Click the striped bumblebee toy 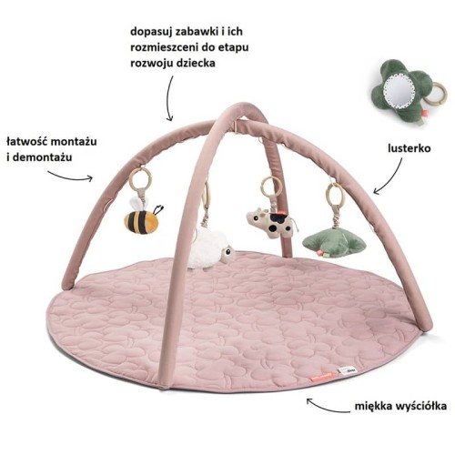pyautogui.click(x=142, y=219)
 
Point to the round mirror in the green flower pyautogui.click(x=399, y=91)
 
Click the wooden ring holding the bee pyautogui.click(x=140, y=179)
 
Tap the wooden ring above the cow pyautogui.click(x=272, y=186)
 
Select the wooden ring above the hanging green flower pyautogui.click(x=335, y=194)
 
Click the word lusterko pyautogui.click(x=409, y=148)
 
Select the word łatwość pyautogui.click(x=28, y=142)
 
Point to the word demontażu pyautogui.click(x=43, y=157)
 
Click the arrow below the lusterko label pyautogui.click(x=391, y=179)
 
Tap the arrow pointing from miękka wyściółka pyautogui.click(x=327, y=407)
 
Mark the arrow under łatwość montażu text pyautogui.click(x=70, y=177)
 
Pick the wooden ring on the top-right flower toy pyautogui.click(x=436, y=95)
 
